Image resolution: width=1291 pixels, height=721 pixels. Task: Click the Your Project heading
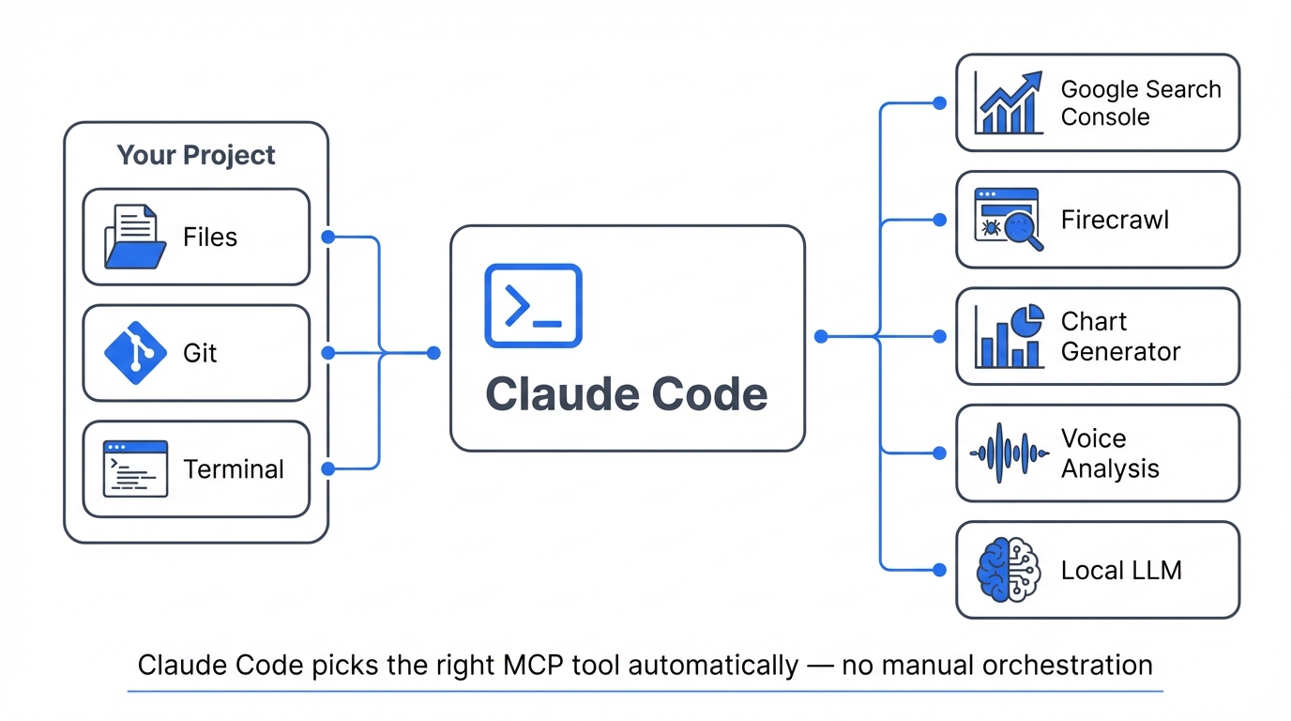click(196, 155)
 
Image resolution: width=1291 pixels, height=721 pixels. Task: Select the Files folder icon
click(134, 237)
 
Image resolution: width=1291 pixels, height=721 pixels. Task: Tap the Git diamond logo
click(134, 353)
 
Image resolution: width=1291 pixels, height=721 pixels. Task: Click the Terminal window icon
click(135, 468)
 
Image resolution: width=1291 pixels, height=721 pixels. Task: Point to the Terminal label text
click(234, 469)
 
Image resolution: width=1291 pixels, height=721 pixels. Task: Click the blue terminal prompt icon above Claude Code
click(533, 306)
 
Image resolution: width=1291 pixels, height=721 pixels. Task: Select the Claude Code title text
click(627, 394)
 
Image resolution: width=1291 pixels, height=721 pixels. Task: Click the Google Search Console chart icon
click(1009, 103)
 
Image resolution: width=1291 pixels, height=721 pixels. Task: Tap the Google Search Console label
click(1140, 103)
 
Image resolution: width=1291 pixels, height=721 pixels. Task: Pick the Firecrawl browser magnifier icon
click(1009, 220)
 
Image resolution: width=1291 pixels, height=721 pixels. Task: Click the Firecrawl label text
click(1115, 220)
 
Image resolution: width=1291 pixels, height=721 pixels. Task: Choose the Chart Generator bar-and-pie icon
click(1009, 336)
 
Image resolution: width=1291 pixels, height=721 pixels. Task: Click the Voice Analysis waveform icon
click(1009, 453)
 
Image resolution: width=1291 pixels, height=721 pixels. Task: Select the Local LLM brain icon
click(1009, 570)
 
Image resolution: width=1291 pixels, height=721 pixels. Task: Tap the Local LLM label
click(1121, 570)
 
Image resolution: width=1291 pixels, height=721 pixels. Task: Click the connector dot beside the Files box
click(328, 237)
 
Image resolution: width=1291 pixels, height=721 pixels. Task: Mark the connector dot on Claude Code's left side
click(433, 353)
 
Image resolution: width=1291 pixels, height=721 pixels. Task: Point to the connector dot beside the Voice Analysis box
click(939, 453)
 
